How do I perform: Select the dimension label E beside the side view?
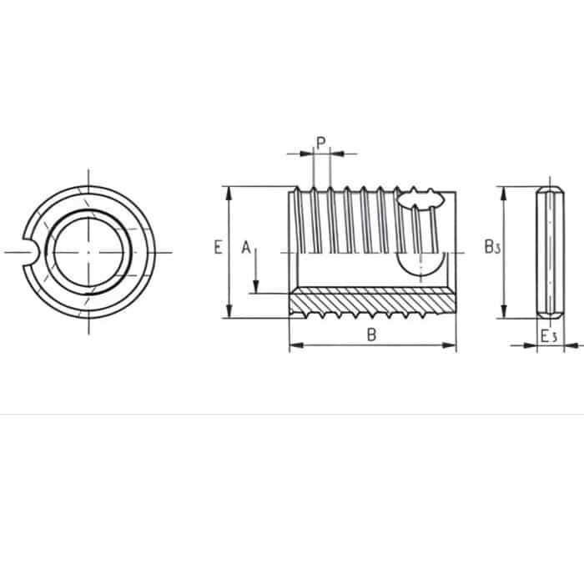coord(217,248)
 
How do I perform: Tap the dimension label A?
coord(245,247)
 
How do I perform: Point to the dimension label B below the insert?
coord(373,335)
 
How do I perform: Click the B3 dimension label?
coord(491,248)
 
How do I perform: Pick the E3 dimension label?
coord(548,335)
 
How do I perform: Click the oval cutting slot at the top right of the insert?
coord(420,199)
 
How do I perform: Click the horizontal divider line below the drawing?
coord(292,414)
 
